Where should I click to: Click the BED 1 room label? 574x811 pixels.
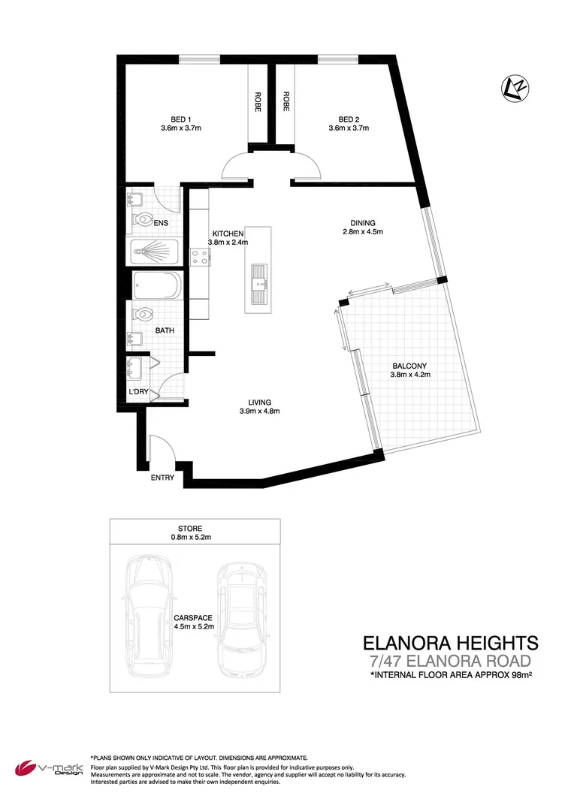(x=181, y=119)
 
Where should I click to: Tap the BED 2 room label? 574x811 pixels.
(x=349, y=119)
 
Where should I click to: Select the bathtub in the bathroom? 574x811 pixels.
(x=156, y=286)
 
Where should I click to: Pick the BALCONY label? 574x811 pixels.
(x=409, y=366)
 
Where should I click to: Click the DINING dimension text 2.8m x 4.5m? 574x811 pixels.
(x=362, y=232)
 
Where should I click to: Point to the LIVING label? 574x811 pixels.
(x=260, y=402)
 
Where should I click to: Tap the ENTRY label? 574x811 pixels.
(x=162, y=478)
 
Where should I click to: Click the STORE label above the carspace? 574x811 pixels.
(x=191, y=529)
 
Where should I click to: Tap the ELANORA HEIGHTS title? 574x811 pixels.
(x=450, y=643)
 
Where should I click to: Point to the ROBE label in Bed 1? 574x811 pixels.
(x=258, y=101)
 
